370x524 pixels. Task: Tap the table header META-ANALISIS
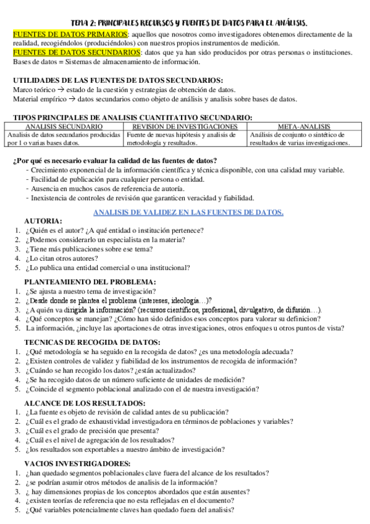[x=299, y=126]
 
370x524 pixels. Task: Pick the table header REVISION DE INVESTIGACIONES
[x=185, y=126]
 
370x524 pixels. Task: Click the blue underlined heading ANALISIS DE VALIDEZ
[x=188, y=213]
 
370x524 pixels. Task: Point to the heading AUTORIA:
[x=43, y=221]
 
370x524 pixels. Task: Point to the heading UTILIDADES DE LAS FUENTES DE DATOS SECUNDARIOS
[x=118, y=80]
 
